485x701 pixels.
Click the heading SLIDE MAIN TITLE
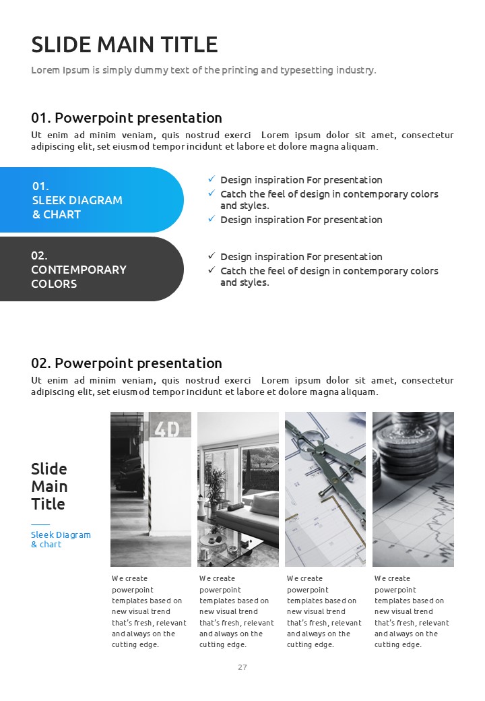point(125,44)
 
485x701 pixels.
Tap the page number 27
point(243,667)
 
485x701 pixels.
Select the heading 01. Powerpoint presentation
point(127,118)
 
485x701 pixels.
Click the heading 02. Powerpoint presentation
point(127,363)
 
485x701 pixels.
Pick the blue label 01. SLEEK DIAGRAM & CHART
point(77,200)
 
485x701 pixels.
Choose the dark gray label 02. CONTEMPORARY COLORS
point(79,270)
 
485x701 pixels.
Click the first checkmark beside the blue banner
point(212,179)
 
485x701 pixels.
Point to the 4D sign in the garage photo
point(166,429)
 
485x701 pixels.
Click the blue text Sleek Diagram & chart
point(61,539)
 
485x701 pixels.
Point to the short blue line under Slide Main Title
point(40,524)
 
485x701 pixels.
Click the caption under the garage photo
point(148,611)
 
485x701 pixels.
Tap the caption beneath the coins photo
point(412,611)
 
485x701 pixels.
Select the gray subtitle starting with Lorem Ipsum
point(203,70)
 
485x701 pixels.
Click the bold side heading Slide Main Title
point(49,486)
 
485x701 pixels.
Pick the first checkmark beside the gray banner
point(212,256)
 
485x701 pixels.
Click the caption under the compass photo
point(324,611)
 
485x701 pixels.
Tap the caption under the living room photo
point(236,611)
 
